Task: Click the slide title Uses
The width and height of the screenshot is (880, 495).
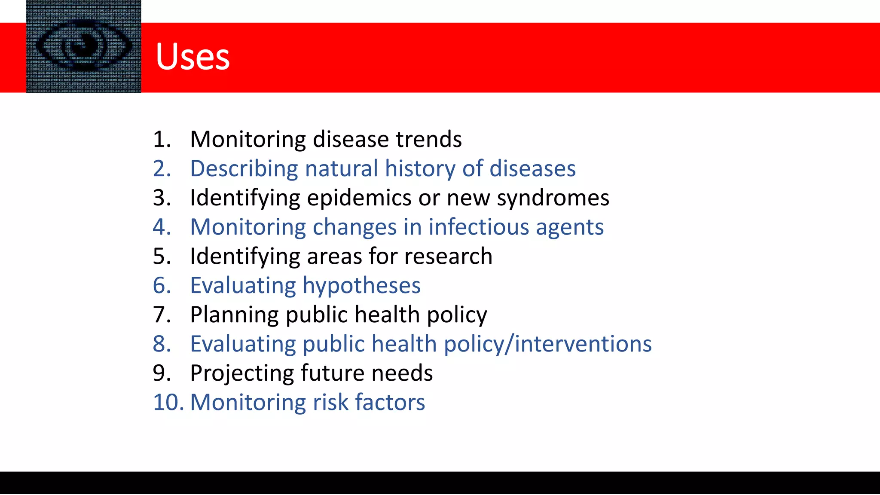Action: pos(192,57)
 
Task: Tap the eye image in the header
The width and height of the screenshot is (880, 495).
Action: pos(83,46)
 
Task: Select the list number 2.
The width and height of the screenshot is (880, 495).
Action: pos(162,168)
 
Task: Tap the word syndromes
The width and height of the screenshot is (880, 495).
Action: pos(553,198)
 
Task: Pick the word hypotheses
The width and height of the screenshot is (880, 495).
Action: pos(361,286)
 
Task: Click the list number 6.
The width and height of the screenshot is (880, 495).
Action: pos(162,285)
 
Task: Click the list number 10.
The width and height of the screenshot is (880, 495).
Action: pos(168,402)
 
